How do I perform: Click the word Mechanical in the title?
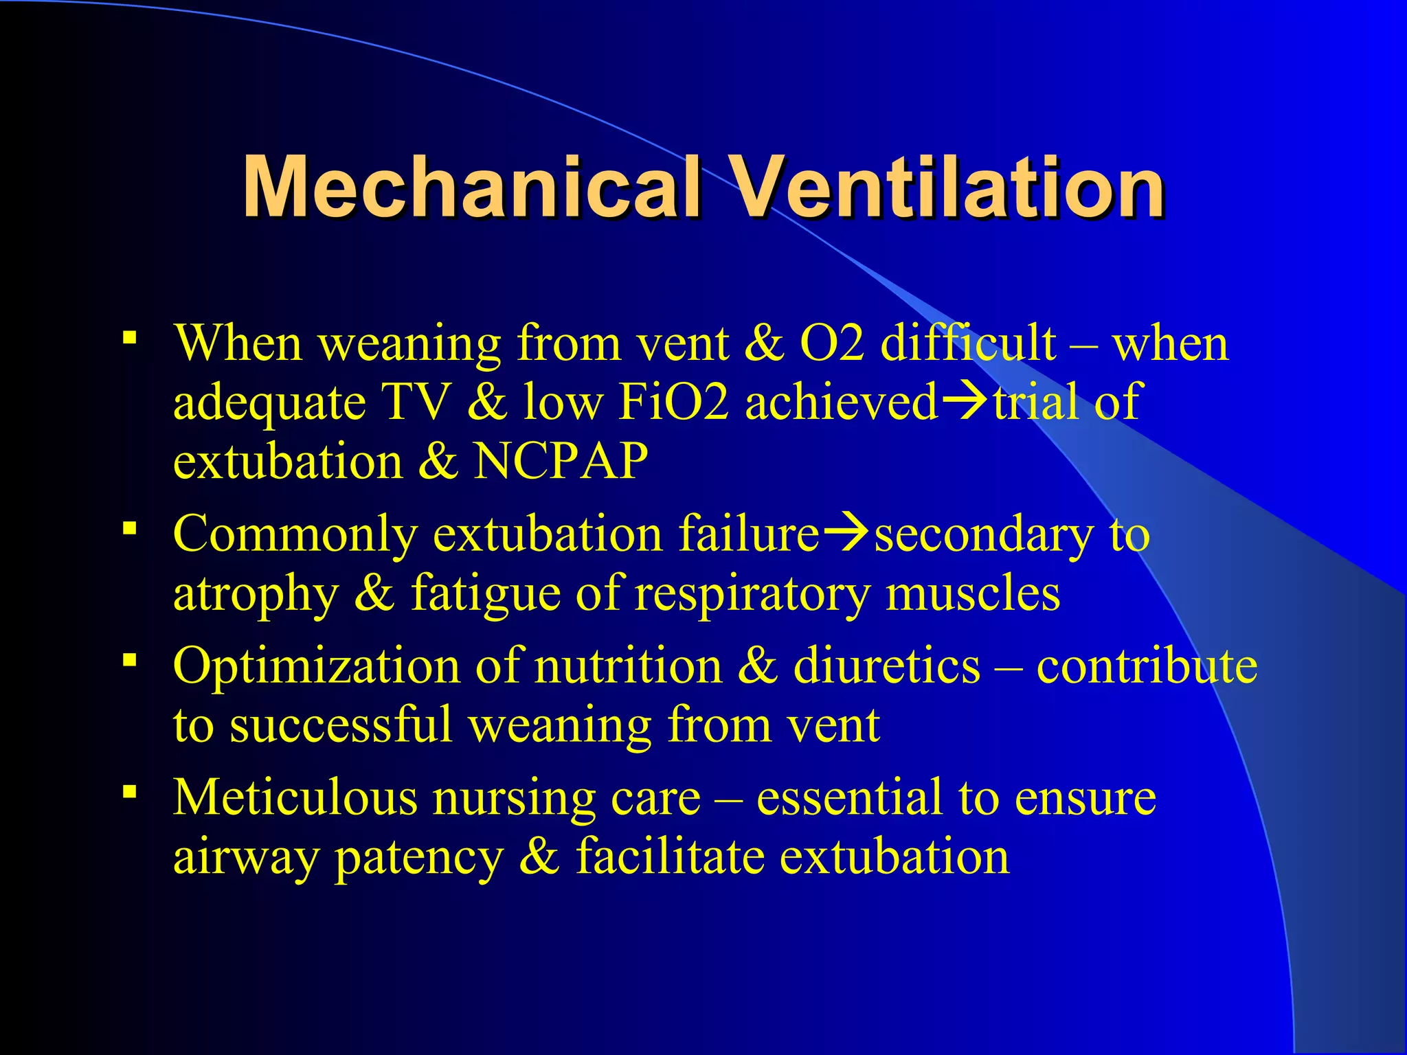pos(471,187)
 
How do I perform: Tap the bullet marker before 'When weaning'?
pos(128,337)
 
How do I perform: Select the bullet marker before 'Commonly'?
pos(128,528)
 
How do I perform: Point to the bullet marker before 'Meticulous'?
pos(128,792)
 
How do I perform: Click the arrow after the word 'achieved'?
pos(965,401)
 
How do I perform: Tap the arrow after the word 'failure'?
pos(846,534)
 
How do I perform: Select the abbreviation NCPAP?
pos(561,460)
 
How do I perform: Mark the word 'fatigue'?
pos(485,593)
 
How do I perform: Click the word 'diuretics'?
pos(887,666)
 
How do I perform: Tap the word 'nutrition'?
pos(628,666)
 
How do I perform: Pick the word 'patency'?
pos(419,859)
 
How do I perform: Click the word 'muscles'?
pos(973,593)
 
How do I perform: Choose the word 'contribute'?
pos(1147,666)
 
